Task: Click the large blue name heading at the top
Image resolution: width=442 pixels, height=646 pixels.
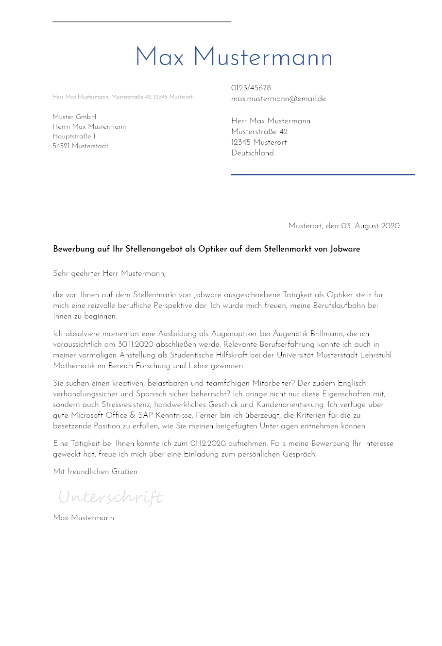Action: click(234, 58)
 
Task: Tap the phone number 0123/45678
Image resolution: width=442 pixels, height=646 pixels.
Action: click(251, 88)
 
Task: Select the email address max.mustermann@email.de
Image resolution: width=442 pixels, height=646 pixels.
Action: click(278, 99)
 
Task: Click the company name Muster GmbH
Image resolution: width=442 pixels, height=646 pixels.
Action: click(74, 117)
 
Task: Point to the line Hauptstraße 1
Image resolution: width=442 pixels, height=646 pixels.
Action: click(74, 136)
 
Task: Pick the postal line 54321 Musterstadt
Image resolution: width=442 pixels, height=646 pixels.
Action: click(80, 146)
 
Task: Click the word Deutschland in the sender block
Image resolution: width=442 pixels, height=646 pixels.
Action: click(253, 153)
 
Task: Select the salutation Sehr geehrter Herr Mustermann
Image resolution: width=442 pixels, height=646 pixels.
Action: click(109, 273)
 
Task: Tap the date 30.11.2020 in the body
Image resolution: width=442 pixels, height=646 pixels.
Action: click(136, 344)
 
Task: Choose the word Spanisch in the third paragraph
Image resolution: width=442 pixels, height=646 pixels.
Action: click(152, 394)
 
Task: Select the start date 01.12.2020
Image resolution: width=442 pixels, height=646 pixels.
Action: click(208, 443)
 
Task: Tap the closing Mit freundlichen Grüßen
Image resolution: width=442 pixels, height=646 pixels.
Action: click(95, 472)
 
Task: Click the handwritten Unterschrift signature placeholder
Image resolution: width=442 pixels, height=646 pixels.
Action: click(111, 497)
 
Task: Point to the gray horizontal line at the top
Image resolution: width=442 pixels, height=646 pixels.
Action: click(141, 21)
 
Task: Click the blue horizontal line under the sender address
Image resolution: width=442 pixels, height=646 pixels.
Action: click(323, 174)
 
